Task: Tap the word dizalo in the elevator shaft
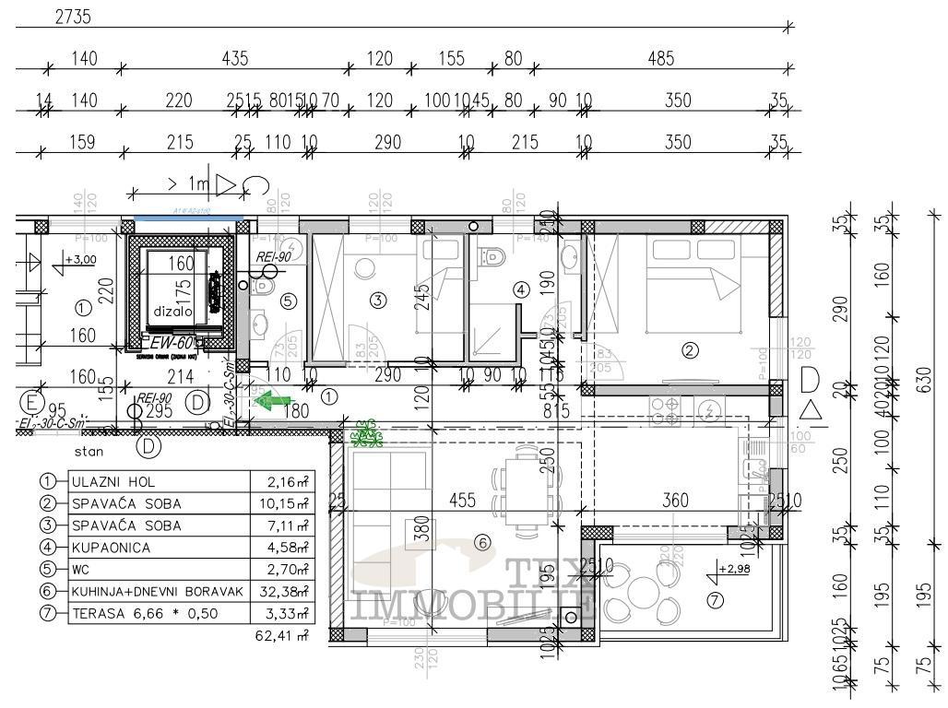pyautogui.click(x=172, y=312)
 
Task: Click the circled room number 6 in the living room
pyautogui.click(x=481, y=543)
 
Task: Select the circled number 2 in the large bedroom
pyautogui.click(x=688, y=349)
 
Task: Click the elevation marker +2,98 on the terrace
pyautogui.click(x=733, y=568)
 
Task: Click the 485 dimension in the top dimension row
pyautogui.click(x=660, y=59)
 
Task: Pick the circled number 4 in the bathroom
pyautogui.click(x=520, y=289)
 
